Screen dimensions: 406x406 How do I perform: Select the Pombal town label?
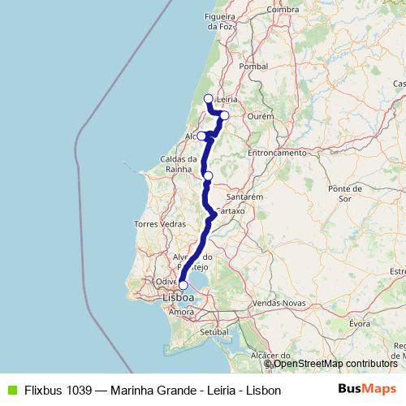(x=254, y=66)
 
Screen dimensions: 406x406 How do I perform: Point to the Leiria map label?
(x=227, y=99)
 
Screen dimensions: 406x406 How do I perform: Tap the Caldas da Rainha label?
(x=179, y=163)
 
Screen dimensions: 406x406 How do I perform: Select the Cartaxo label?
(x=231, y=210)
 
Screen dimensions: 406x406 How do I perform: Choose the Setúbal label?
(x=214, y=333)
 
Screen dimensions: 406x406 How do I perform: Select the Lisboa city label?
(x=179, y=297)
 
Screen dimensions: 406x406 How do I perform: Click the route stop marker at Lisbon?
(x=184, y=285)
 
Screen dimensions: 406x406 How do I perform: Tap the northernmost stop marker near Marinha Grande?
(x=208, y=99)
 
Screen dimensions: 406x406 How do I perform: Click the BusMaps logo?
(x=366, y=389)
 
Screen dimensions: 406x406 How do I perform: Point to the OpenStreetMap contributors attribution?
(x=332, y=364)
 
